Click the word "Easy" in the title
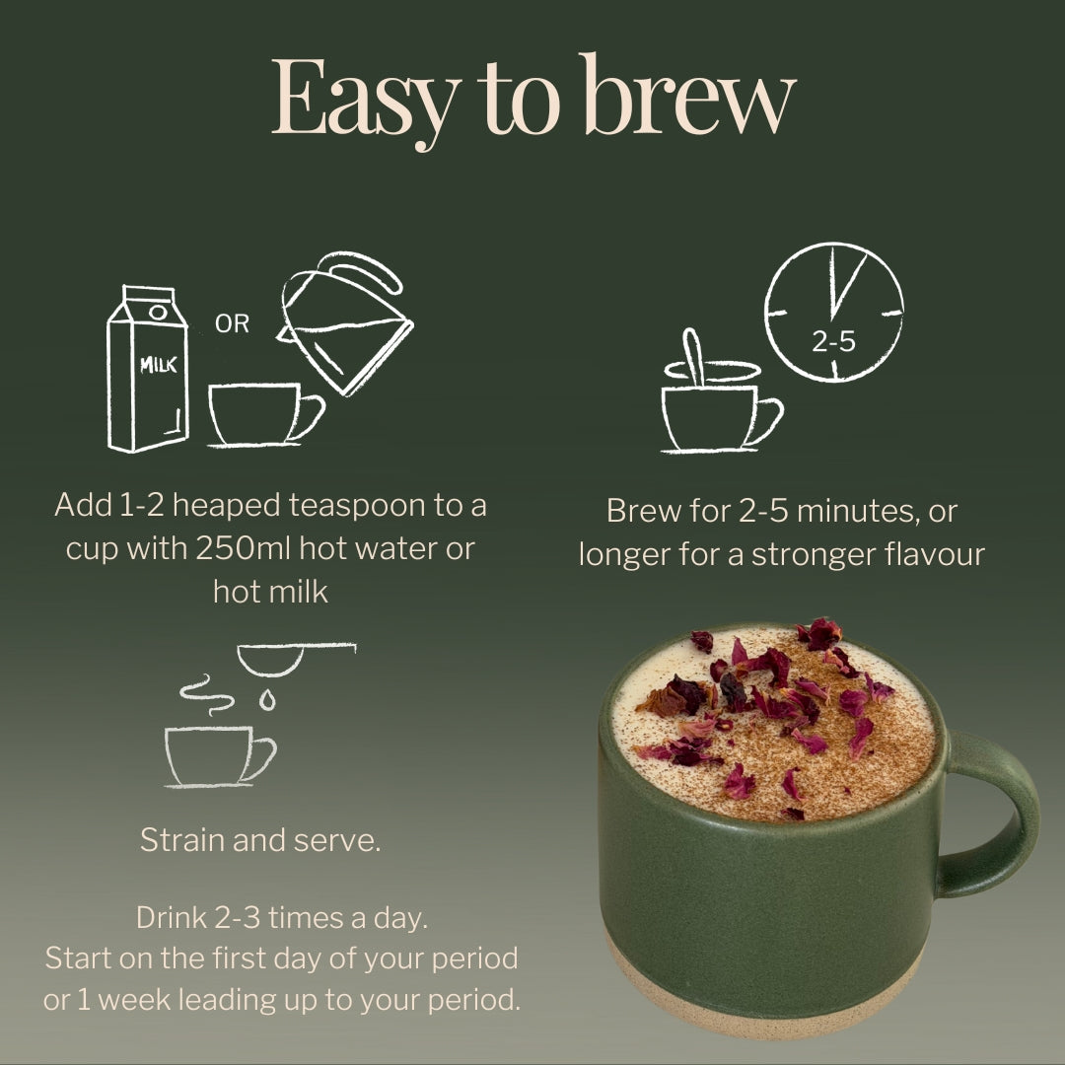point(363,99)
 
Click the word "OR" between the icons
point(232,323)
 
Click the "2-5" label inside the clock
point(833,342)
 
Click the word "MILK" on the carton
point(158,366)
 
